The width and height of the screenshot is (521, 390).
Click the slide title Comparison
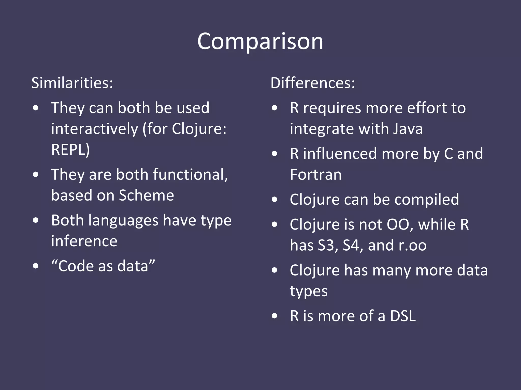[260, 41]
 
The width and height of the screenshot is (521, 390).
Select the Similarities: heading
[72, 83]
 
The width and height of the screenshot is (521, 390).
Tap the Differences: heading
[312, 83]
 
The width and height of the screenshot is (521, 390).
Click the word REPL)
[70, 149]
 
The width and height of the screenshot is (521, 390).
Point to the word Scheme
[146, 195]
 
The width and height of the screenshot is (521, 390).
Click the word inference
[84, 241]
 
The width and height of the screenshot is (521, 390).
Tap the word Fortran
[316, 174]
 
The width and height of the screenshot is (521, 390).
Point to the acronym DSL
[403, 316]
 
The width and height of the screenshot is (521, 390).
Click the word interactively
[94, 129]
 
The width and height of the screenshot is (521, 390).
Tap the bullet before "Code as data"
[36, 266]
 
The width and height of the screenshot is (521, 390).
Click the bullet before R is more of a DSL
[274, 316]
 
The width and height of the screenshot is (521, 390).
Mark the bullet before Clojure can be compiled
[274, 200]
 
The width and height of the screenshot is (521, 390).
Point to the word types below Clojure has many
[309, 291]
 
